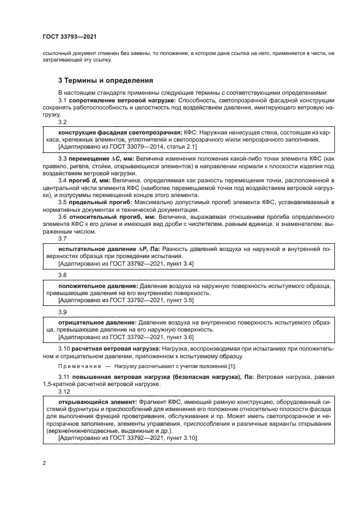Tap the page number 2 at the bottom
tap(44, 463)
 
